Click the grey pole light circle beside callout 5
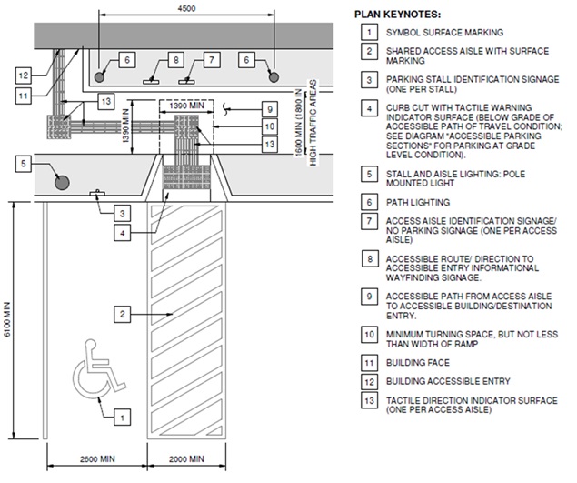(x=62, y=181)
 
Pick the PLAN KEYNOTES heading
(x=399, y=15)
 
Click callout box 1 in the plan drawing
(x=120, y=418)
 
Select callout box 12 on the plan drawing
(x=24, y=74)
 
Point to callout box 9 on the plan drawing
(x=269, y=109)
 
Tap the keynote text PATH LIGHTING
(x=418, y=201)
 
